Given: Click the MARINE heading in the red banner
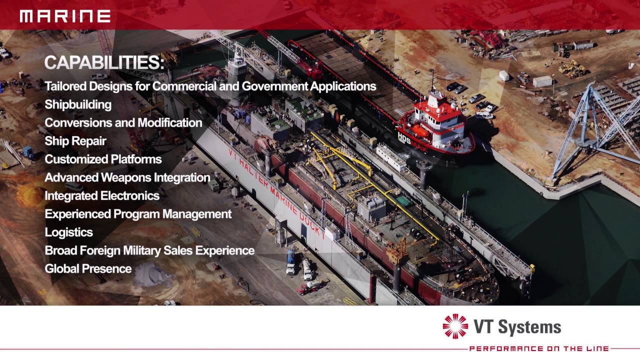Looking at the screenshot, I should coord(65,16).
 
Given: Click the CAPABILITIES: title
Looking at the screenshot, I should coord(104,63).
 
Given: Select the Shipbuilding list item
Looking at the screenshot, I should coord(78,104).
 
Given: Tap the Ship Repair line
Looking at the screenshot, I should coord(75,141).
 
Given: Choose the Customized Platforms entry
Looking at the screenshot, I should coord(103,159).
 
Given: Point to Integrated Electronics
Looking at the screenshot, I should coord(102,196).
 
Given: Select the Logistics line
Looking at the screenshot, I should coord(68,232).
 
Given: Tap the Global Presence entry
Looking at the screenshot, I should coord(88,269).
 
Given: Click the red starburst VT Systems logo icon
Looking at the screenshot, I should coord(455,326).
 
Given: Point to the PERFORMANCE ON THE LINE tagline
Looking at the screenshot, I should coord(539,348).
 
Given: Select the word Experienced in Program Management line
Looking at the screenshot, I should coord(77,214).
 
